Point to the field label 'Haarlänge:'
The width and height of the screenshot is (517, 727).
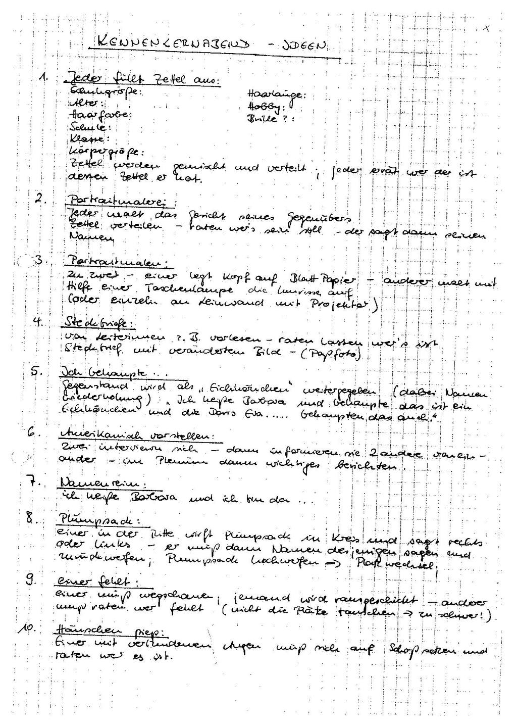coord(276,94)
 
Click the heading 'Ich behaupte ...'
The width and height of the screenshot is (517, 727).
coord(103,374)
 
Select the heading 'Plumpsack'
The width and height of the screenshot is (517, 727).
coord(99,520)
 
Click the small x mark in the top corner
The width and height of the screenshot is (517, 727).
coord(486,29)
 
